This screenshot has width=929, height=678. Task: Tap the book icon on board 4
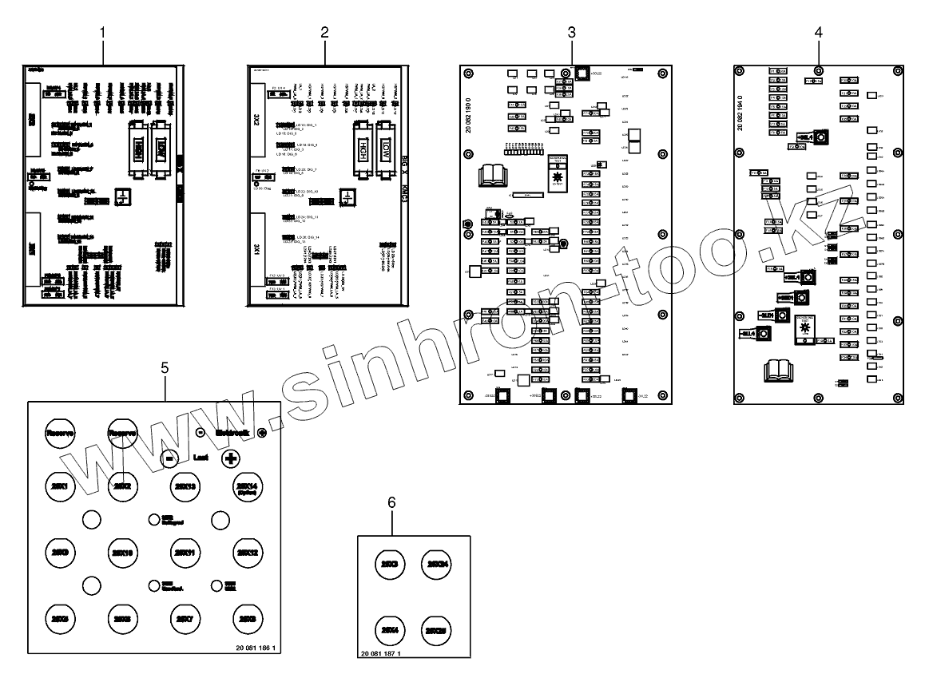click(777, 370)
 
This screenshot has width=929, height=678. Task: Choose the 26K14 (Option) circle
click(244, 487)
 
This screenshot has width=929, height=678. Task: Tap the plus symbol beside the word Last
click(231, 458)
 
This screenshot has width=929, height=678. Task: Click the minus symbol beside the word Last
click(169, 458)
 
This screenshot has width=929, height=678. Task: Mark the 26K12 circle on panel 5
click(244, 552)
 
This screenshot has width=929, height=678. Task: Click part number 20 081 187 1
click(380, 653)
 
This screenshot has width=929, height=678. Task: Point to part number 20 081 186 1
click(256, 648)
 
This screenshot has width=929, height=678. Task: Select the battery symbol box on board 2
click(347, 197)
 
